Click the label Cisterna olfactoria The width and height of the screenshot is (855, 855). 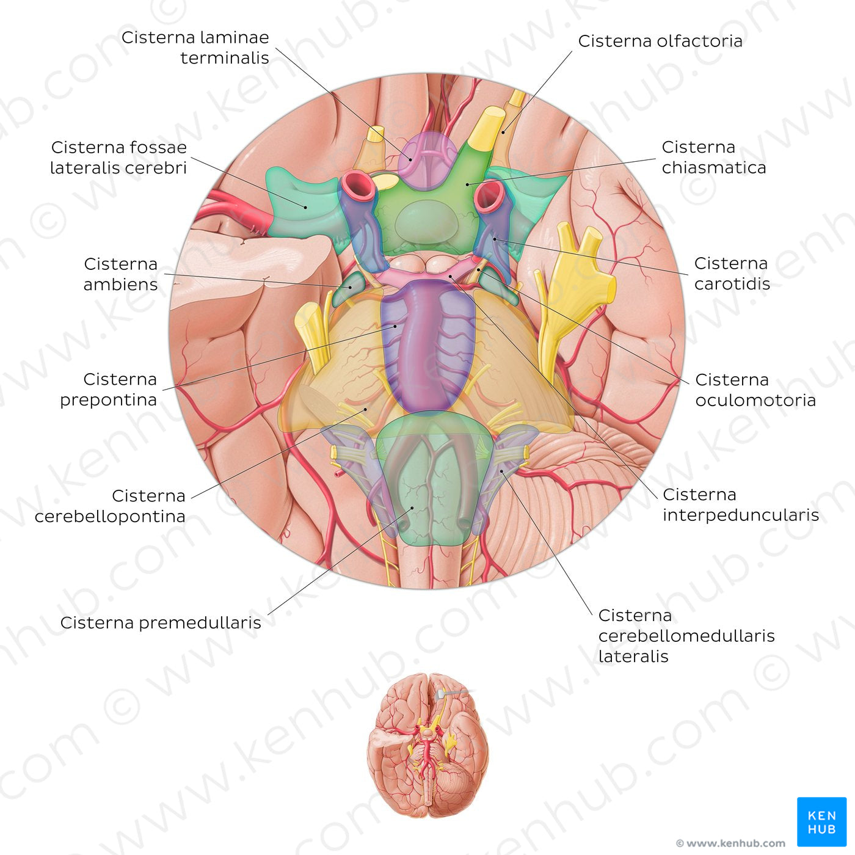660,41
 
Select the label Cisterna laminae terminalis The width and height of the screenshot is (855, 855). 195,48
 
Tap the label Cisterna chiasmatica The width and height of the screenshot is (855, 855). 713,157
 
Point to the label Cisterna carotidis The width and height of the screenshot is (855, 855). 732,273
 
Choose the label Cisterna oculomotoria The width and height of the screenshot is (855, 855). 755,390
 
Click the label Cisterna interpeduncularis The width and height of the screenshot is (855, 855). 740,504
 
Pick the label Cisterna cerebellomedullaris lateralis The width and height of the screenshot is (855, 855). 686,635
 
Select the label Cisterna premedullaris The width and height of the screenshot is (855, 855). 161,623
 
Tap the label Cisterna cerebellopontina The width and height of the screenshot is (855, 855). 111,506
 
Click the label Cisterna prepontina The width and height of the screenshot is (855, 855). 109,389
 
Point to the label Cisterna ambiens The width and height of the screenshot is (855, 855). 121,274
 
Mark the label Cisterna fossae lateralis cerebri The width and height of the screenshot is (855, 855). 118,157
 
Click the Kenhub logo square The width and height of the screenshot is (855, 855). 821,821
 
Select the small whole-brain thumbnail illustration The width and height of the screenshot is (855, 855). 428,745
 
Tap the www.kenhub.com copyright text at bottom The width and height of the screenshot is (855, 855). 730,843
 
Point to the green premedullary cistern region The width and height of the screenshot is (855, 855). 428,482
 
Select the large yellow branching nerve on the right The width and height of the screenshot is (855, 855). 574,287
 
